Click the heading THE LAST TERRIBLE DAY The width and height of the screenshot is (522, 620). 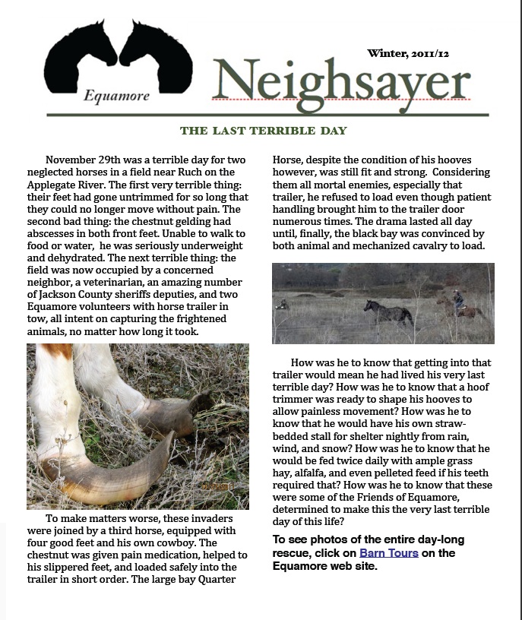[x=263, y=131]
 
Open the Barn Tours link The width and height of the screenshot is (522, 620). [x=389, y=553]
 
